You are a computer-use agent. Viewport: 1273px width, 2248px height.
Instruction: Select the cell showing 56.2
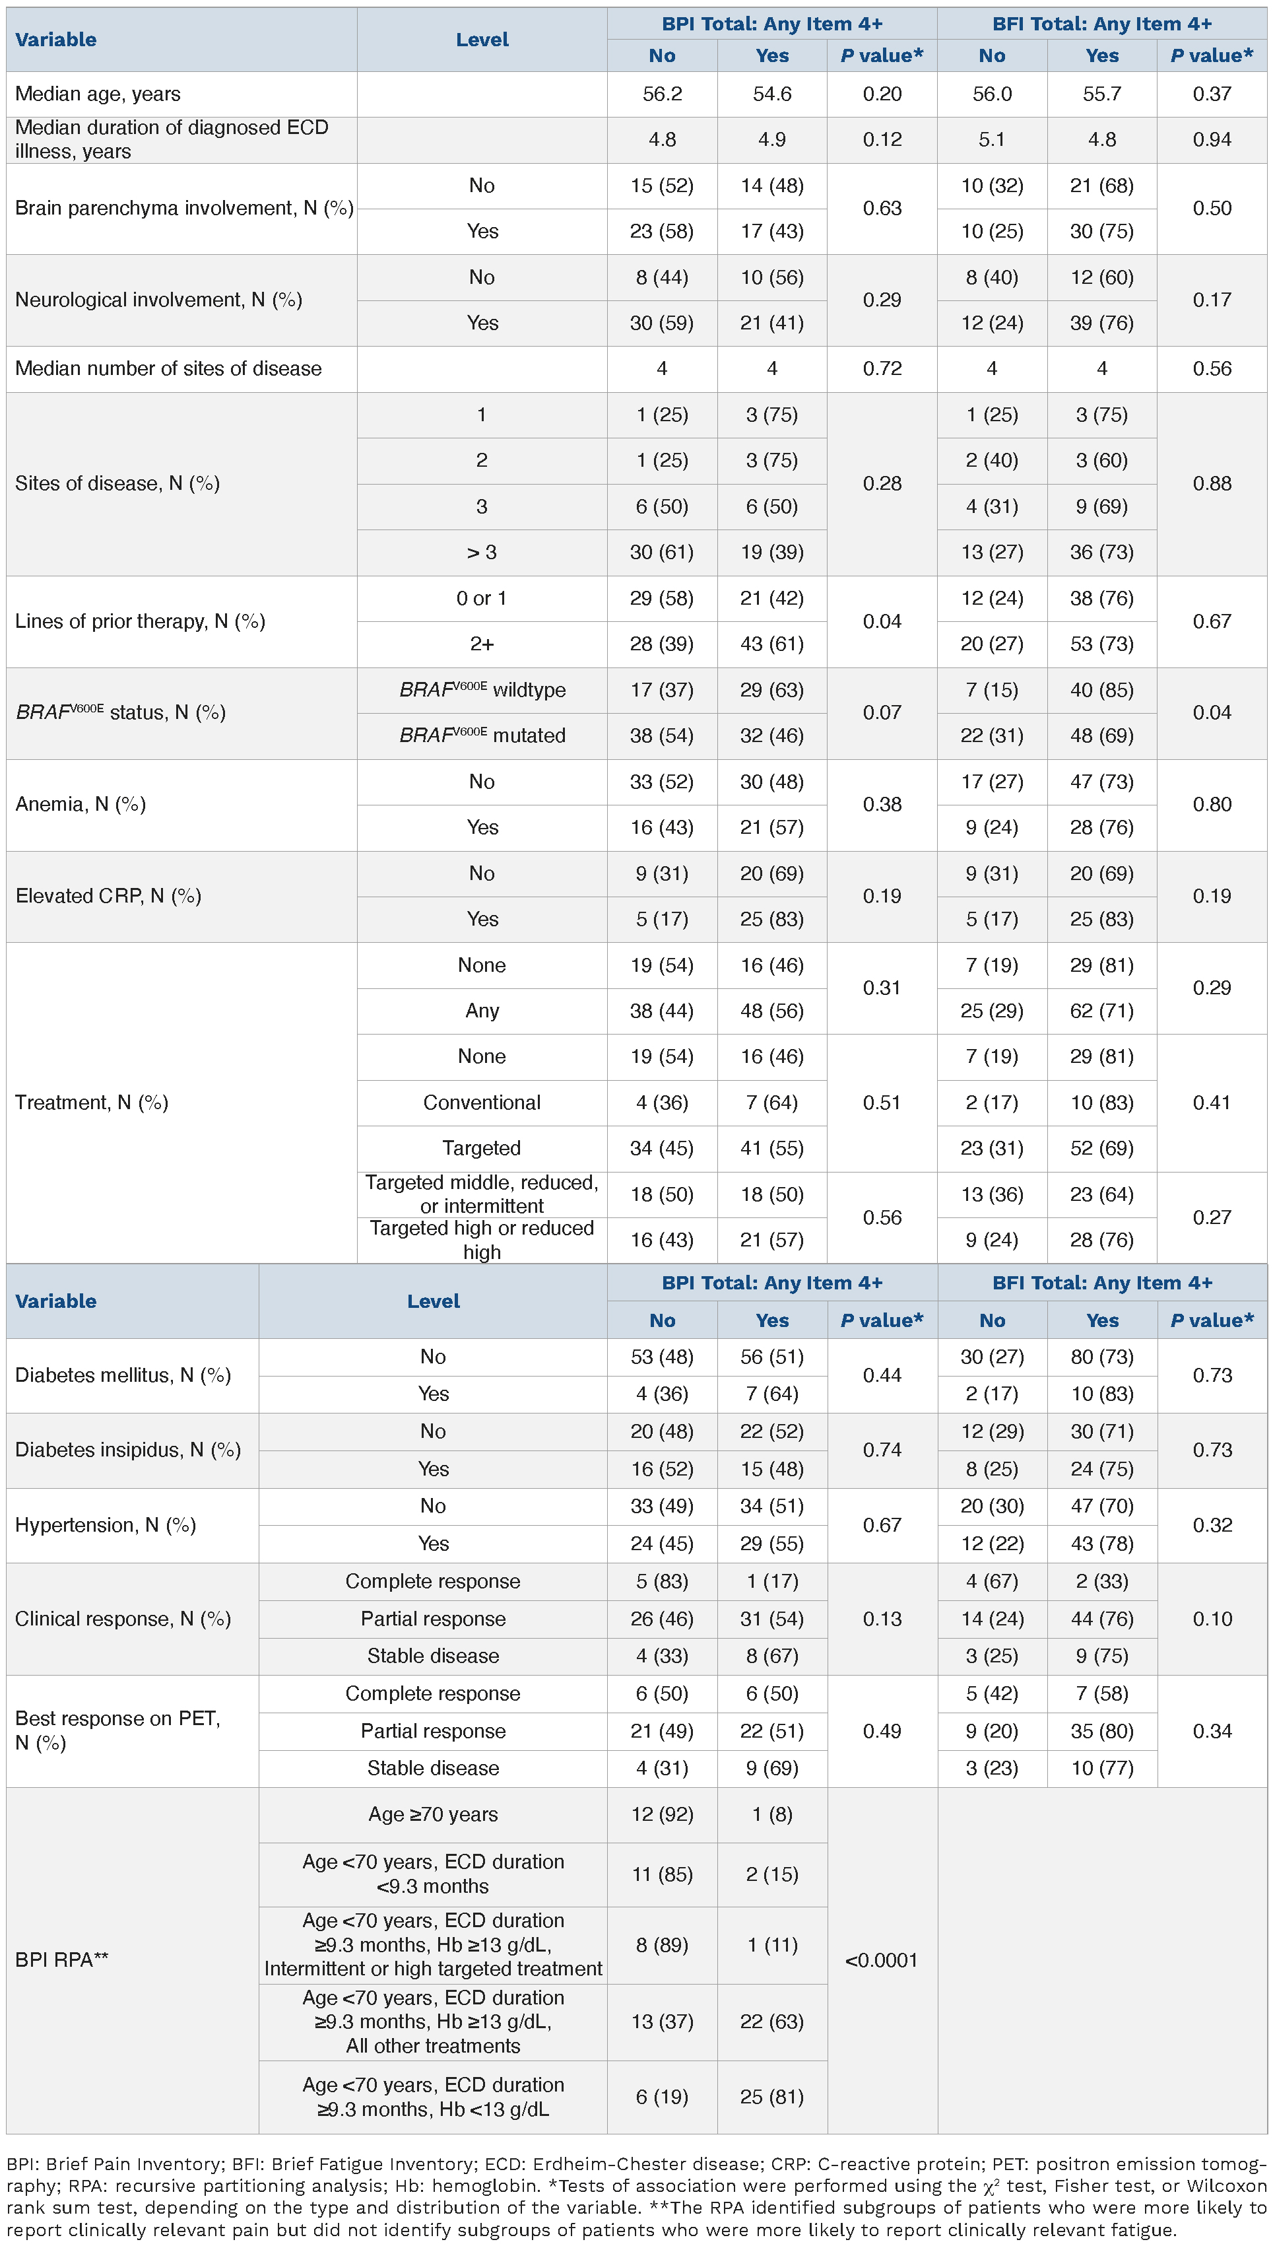tap(662, 94)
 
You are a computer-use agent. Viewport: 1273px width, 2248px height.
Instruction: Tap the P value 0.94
tap(1212, 139)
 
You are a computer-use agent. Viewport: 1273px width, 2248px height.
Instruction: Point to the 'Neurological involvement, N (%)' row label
tap(158, 300)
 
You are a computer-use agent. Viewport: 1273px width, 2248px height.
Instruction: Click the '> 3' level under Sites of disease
tap(482, 552)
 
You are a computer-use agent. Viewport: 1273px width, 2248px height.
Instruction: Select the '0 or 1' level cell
tap(482, 598)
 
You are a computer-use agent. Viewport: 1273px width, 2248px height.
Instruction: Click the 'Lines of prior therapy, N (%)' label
tap(140, 621)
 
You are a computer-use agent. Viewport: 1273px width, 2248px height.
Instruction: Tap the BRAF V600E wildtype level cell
tap(482, 689)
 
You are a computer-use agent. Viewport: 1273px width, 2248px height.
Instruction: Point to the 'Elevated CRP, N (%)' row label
tap(108, 896)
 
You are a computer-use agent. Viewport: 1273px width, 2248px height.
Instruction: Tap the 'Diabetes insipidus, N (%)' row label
tap(127, 1449)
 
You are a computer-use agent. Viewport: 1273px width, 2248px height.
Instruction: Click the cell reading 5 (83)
tap(662, 1581)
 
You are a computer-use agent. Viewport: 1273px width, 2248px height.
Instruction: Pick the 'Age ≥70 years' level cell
tap(433, 1814)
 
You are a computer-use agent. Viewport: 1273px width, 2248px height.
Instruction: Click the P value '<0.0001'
tap(881, 1960)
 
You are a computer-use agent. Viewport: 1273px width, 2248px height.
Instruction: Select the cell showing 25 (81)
tap(772, 2097)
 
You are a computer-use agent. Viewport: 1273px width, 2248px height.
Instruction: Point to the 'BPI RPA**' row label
tap(61, 1959)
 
